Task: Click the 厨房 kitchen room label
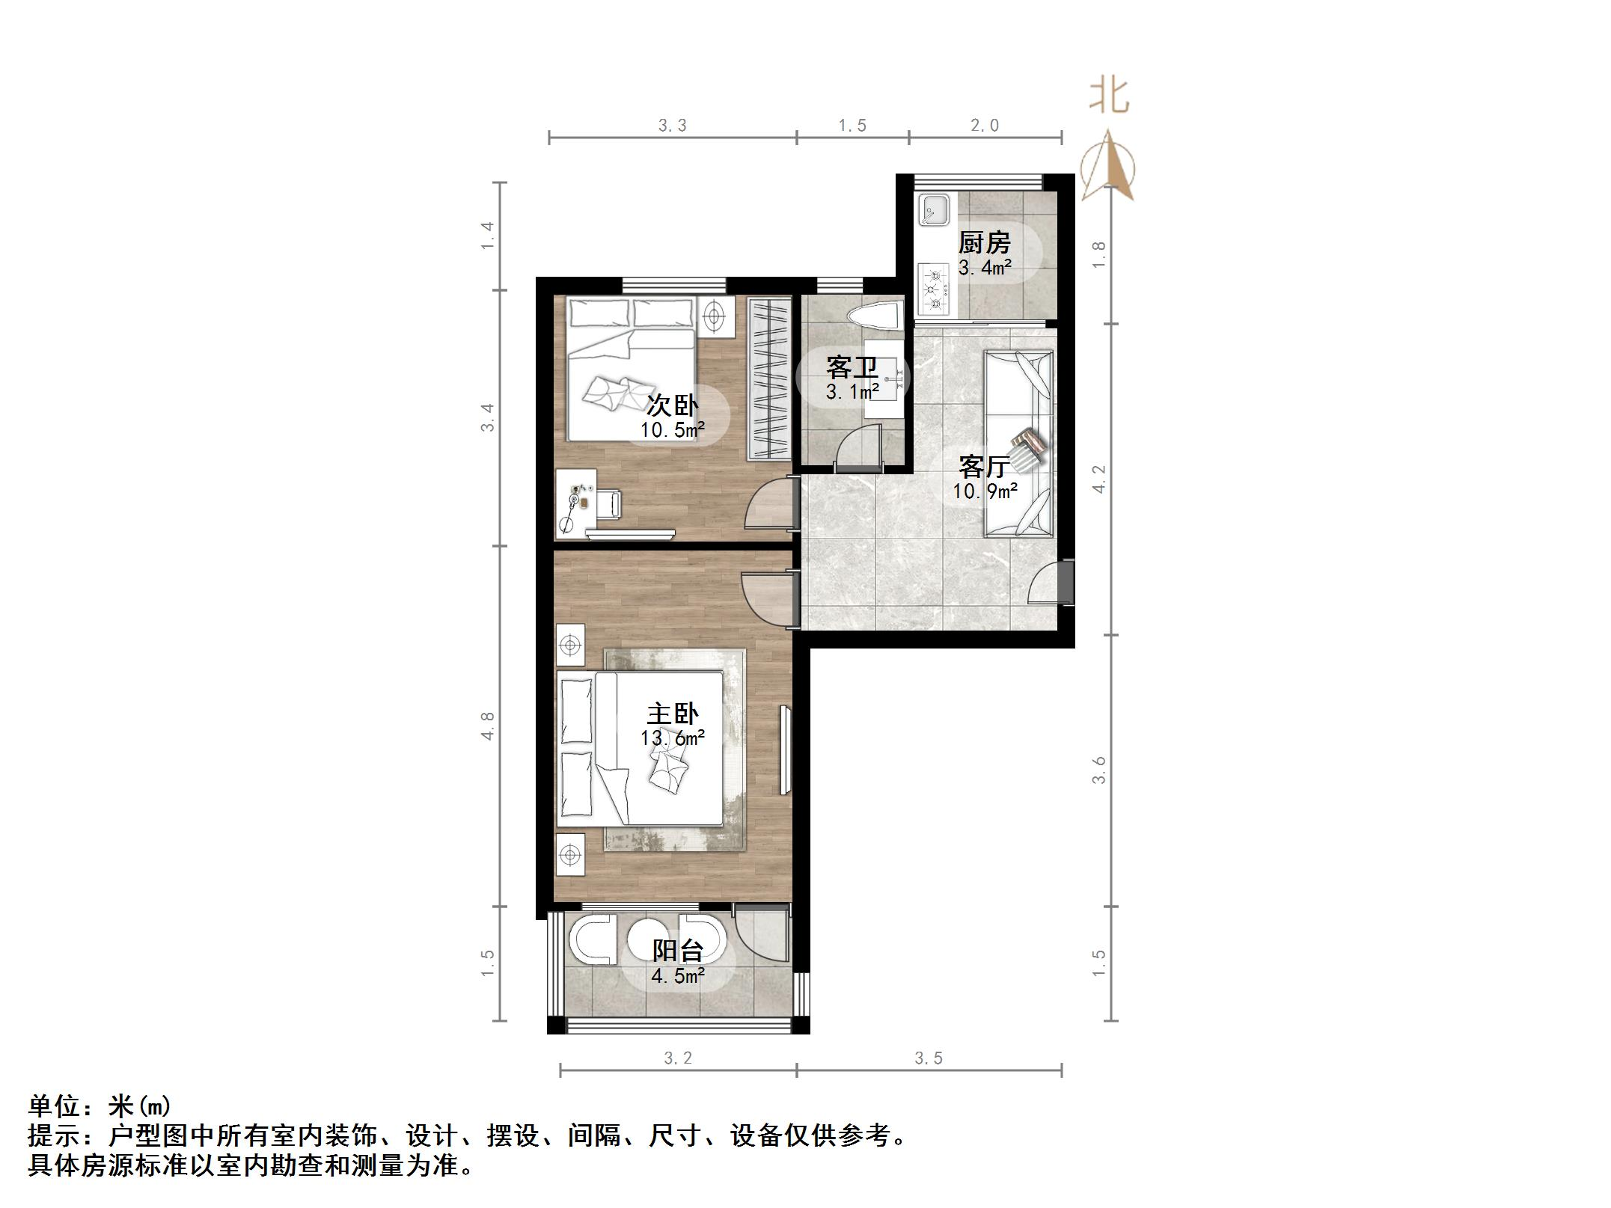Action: (984, 243)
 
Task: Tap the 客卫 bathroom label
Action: (852, 368)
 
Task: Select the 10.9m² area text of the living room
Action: (985, 491)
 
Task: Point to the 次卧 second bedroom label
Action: (673, 405)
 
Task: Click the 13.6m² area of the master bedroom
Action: (673, 738)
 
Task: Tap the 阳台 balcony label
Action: (678, 951)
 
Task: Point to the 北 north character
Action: (1109, 96)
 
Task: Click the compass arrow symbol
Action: (1108, 166)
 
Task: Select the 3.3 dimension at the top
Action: (672, 126)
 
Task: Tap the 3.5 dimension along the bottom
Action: (928, 1058)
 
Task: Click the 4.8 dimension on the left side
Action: (488, 726)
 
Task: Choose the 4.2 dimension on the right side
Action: (1098, 479)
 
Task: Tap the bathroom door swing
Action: (858, 449)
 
